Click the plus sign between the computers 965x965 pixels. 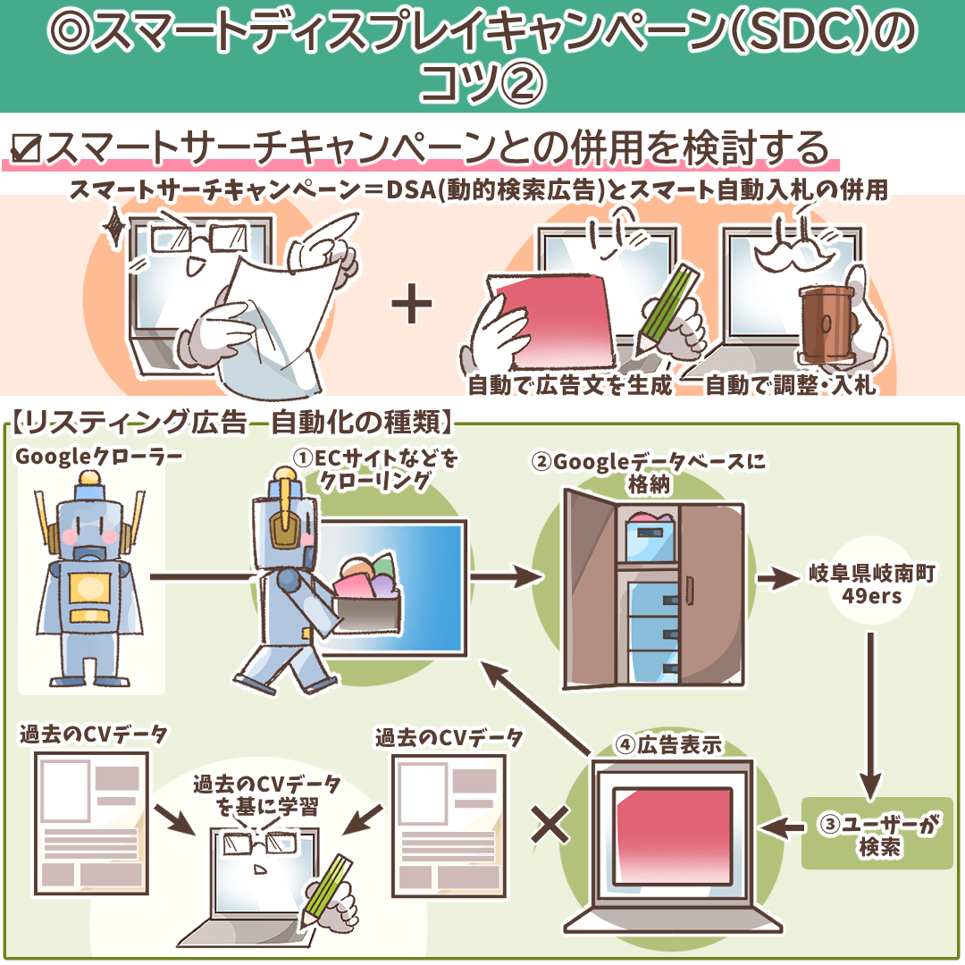click(x=412, y=306)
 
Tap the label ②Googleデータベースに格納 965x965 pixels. click(x=649, y=472)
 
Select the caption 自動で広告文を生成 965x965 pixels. click(x=569, y=385)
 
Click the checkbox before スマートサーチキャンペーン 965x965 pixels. click(x=28, y=148)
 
